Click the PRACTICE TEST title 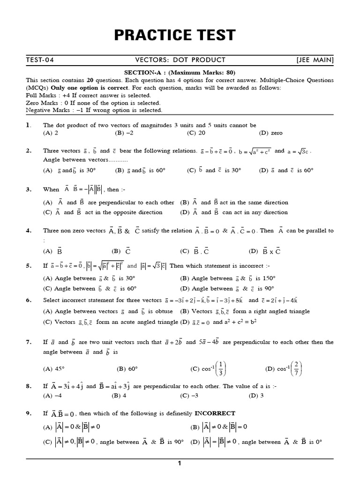click(x=180, y=35)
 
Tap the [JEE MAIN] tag click(x=315, y=60)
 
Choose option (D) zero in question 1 click(x=270, y=133)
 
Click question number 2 click(x=29, y=151)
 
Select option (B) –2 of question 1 click(x=124, y=133)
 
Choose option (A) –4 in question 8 click(x=52, y=395)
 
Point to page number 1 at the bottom click(x=180, y=464)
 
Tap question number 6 click(x=29, y=300)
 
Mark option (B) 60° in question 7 click(x=124, y=369)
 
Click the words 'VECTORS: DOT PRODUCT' click(x=180, y=60)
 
